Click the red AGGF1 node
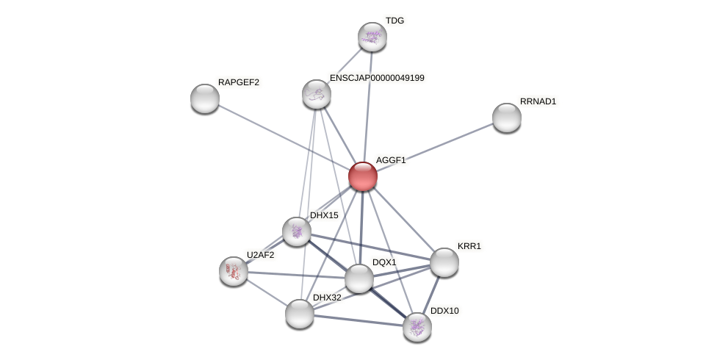coord(363,176)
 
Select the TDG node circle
coord(372,37)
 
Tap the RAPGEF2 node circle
coord(205,98)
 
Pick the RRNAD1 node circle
coord(507,118)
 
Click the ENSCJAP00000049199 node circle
coord(317,94)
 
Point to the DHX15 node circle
coord(297,231)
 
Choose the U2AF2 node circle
coord(234,271)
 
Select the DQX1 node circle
coord(359,278)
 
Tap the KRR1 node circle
coord(444,262)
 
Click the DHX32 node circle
coord(300,314)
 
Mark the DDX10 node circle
coord(417,327)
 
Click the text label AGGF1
coord(391,160)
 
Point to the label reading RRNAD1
coord(538,101)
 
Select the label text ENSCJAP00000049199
coord(377,78)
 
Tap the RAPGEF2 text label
coord(239,82)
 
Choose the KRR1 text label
coord(469,246)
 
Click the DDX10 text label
coord(444,311)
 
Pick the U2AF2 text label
coord(260,255)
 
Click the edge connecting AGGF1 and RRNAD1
coord(441,145)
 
